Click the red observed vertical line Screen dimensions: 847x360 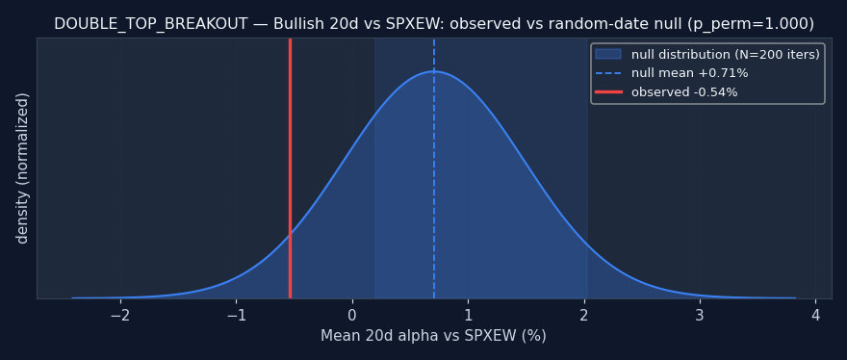coord(290,168)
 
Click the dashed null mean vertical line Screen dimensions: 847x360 coord(434,168)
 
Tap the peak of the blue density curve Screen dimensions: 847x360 coord(434,71)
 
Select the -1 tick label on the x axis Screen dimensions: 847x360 coord(236,315)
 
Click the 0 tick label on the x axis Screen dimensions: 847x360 coord(352,315)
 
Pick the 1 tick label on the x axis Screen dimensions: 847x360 coord(469,315)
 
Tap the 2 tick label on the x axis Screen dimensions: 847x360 coord(584,315)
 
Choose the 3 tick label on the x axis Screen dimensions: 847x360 coord(700,315)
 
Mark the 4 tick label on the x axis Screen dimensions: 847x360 coord(816,315)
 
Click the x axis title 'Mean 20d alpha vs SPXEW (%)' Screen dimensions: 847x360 coord(434,336)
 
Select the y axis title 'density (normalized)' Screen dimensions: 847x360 coord(22,168)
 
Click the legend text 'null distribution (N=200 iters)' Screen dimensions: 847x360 coord(726,55)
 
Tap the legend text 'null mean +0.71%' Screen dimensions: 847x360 coord(690,73)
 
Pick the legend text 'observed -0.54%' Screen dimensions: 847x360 coord(684,92)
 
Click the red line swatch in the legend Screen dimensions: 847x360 coord(608,92)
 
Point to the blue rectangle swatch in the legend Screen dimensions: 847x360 coord(608,55)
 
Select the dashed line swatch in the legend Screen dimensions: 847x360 coord(608,73)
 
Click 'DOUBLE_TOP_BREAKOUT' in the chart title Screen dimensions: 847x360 coord(151,24)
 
